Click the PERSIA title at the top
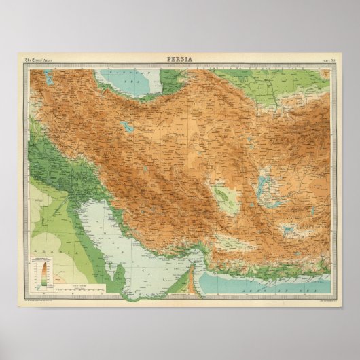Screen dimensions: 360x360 (179, 59)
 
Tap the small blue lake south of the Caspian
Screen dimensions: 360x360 (126, 125)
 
